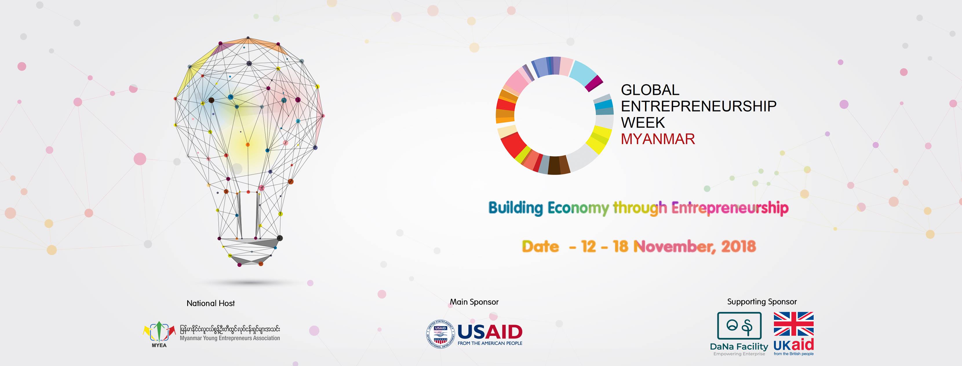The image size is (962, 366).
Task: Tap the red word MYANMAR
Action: [x=658, y=139]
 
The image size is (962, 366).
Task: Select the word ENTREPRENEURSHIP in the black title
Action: [x=698, y=106]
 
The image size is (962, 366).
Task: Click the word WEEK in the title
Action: [x=643, y=123]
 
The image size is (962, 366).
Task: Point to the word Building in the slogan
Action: [x=515, y=208]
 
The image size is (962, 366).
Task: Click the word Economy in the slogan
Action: [x=578, y=208]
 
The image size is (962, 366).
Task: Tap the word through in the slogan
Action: [x=640, y=208]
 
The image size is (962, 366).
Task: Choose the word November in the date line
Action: [x=674, y=247]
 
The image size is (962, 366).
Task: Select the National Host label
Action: [x=211, y=303]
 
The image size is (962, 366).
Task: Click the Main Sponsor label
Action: [x=474, y=302]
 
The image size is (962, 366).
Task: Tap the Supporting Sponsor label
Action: [x=762, y=301]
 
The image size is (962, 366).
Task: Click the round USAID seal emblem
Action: [x=440, y=334]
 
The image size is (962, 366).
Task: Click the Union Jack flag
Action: [x=794, y=324]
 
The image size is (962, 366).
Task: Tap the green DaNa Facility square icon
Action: [x=739, y=326]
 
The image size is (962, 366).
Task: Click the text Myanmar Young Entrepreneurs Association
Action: [x=230, y=338]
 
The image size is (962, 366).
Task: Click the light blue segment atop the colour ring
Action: [x=583, y=72]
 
